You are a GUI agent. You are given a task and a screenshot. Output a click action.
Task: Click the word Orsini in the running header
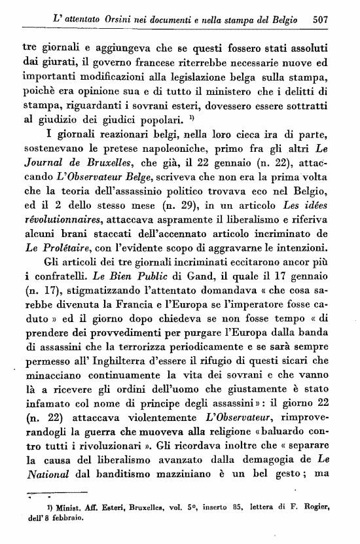(x=120, y=21)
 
